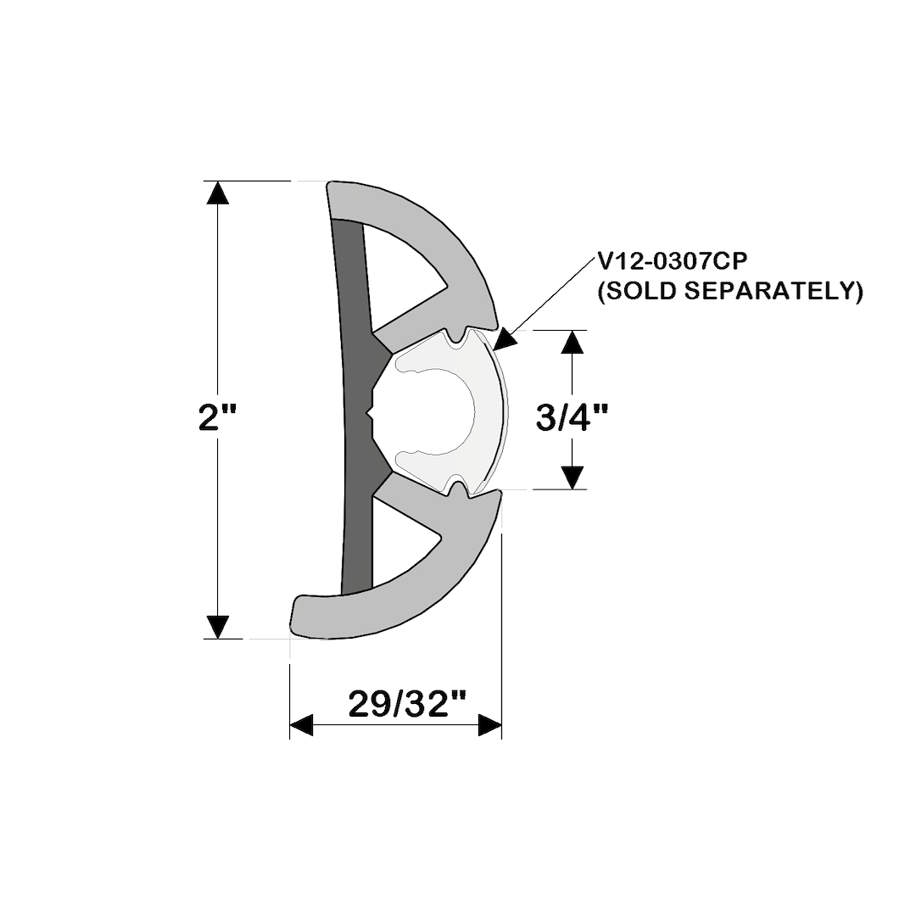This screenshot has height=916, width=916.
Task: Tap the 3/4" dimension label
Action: [x=574, y=416]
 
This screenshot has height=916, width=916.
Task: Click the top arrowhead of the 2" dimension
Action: [x=218, y=193]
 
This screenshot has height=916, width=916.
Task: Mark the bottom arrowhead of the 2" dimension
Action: [x=218, y=627]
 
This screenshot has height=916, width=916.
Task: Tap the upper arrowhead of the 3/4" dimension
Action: [x=574, y=342]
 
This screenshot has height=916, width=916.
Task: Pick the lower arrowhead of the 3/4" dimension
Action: [x=574, y=478]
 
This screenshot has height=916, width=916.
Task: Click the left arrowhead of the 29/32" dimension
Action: [x=302, y=725]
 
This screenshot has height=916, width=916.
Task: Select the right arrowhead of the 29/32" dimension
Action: [x=490, y=725]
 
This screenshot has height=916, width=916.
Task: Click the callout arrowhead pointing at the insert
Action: [x=505, y=339]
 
